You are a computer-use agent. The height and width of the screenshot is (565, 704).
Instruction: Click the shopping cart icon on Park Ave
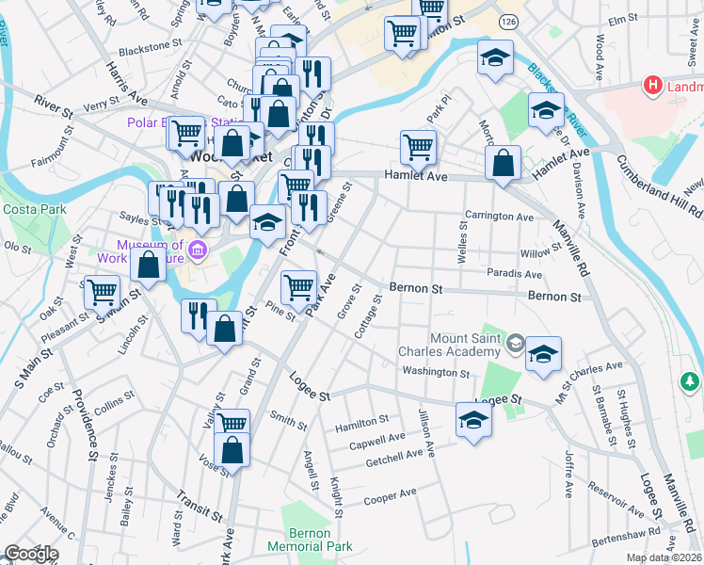click(x=298, y=285)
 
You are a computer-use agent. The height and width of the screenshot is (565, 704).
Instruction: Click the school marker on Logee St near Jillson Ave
click(x=473, y=418)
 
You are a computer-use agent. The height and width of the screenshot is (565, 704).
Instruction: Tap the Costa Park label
click(x=27, y=209)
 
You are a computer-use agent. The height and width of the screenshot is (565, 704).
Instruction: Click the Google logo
click(x=30, y=554)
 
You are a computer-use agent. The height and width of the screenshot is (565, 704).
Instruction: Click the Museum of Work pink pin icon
click(x=198, y=250)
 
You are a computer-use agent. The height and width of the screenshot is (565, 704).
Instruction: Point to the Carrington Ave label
click(x=499, y=217)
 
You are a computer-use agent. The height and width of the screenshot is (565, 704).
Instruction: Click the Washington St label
click(x=436, y=373)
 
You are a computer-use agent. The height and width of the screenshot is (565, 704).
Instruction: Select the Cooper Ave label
click(x=390, y=494)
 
